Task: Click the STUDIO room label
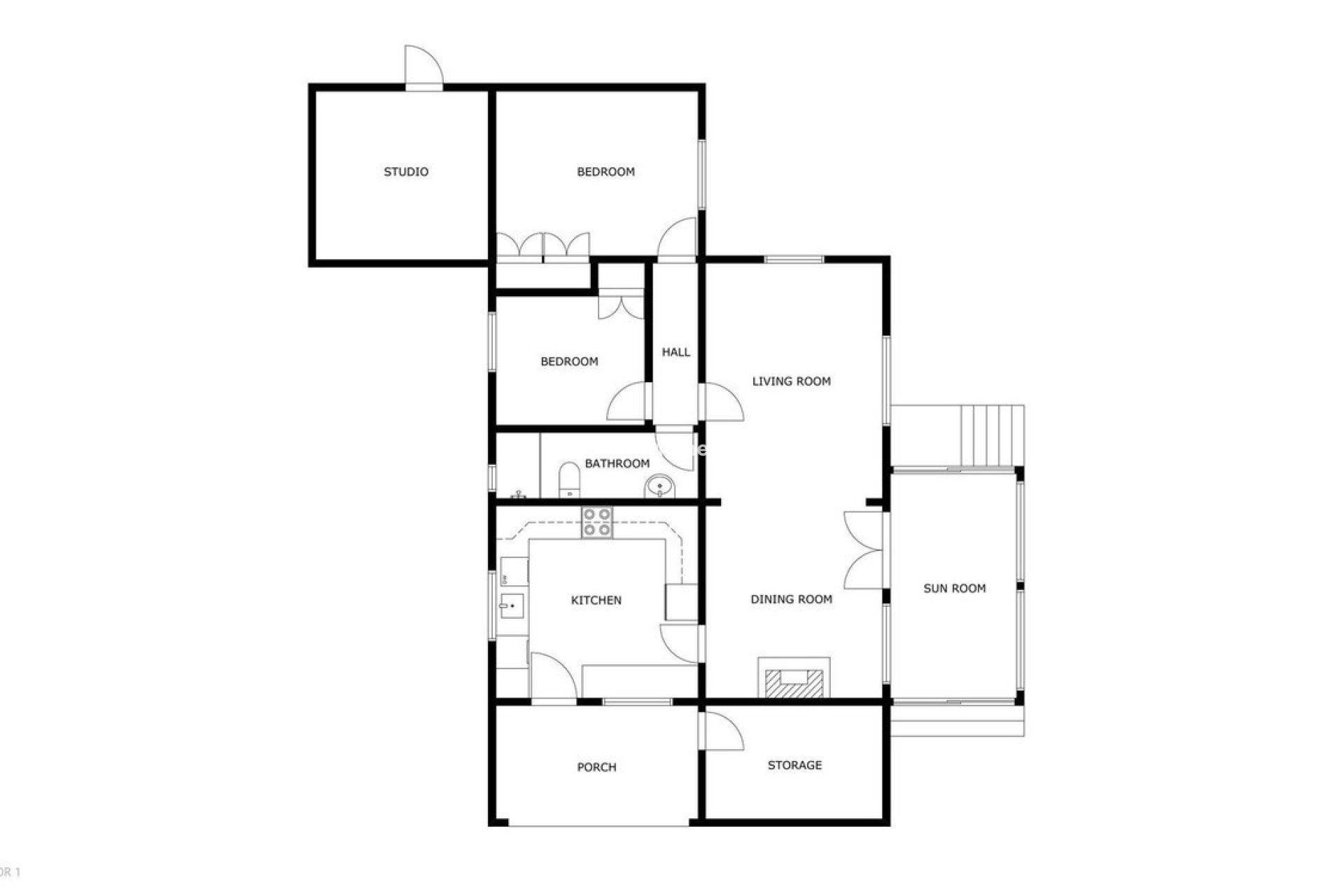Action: pos(406,171)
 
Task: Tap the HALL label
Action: pos(676,352)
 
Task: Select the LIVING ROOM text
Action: pos(791,381)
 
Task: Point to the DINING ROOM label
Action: pos(791,599)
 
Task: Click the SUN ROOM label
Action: pos(954,589)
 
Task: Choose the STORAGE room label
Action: pos(794,765)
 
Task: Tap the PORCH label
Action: pos(596,767)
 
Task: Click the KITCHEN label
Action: pos(596,600)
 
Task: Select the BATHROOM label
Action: pos(617,463)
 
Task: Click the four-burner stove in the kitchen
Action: pos(597,523)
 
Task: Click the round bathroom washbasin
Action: pos(659,486)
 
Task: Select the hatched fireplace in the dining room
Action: pos(794,682)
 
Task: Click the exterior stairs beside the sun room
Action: pos(991,435)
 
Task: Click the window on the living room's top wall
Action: pos(794,260)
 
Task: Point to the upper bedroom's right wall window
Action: pos(701,175)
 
